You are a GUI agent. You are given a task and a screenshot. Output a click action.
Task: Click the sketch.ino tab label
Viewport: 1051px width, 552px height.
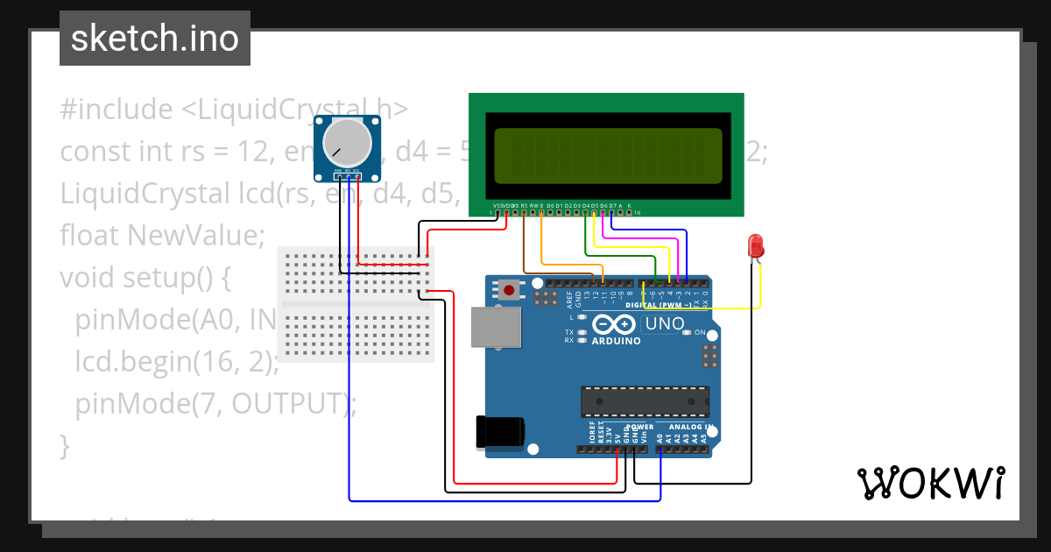click(x=155, y=39)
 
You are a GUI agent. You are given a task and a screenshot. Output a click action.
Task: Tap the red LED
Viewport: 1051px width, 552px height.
click(x=754, y=246)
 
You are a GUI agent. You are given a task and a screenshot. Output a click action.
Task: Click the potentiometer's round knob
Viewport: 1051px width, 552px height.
click(x=348, y=143)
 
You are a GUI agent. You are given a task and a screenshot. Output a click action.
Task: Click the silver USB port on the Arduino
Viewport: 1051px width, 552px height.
click(x=495, y=327)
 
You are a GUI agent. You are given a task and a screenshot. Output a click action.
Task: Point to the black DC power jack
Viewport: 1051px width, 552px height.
click(x=499, y=432)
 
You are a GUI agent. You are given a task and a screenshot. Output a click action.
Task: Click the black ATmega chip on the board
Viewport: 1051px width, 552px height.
click(x=645, y=400)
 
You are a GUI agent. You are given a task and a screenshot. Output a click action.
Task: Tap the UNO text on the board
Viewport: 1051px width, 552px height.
click(x=664, y=324)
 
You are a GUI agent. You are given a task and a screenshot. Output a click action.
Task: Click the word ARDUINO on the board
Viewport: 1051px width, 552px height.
click(x=615, y=341)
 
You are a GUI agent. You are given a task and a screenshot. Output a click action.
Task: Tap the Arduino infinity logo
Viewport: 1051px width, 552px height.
click(x=615, y=324)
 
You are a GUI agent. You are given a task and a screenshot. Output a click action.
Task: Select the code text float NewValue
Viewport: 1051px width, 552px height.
click(x=162, y=236)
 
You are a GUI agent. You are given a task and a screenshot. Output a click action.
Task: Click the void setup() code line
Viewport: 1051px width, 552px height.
click(x=145, y=278)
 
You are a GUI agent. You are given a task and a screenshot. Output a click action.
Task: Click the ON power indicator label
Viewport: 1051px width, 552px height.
click(x=700, y=333)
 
